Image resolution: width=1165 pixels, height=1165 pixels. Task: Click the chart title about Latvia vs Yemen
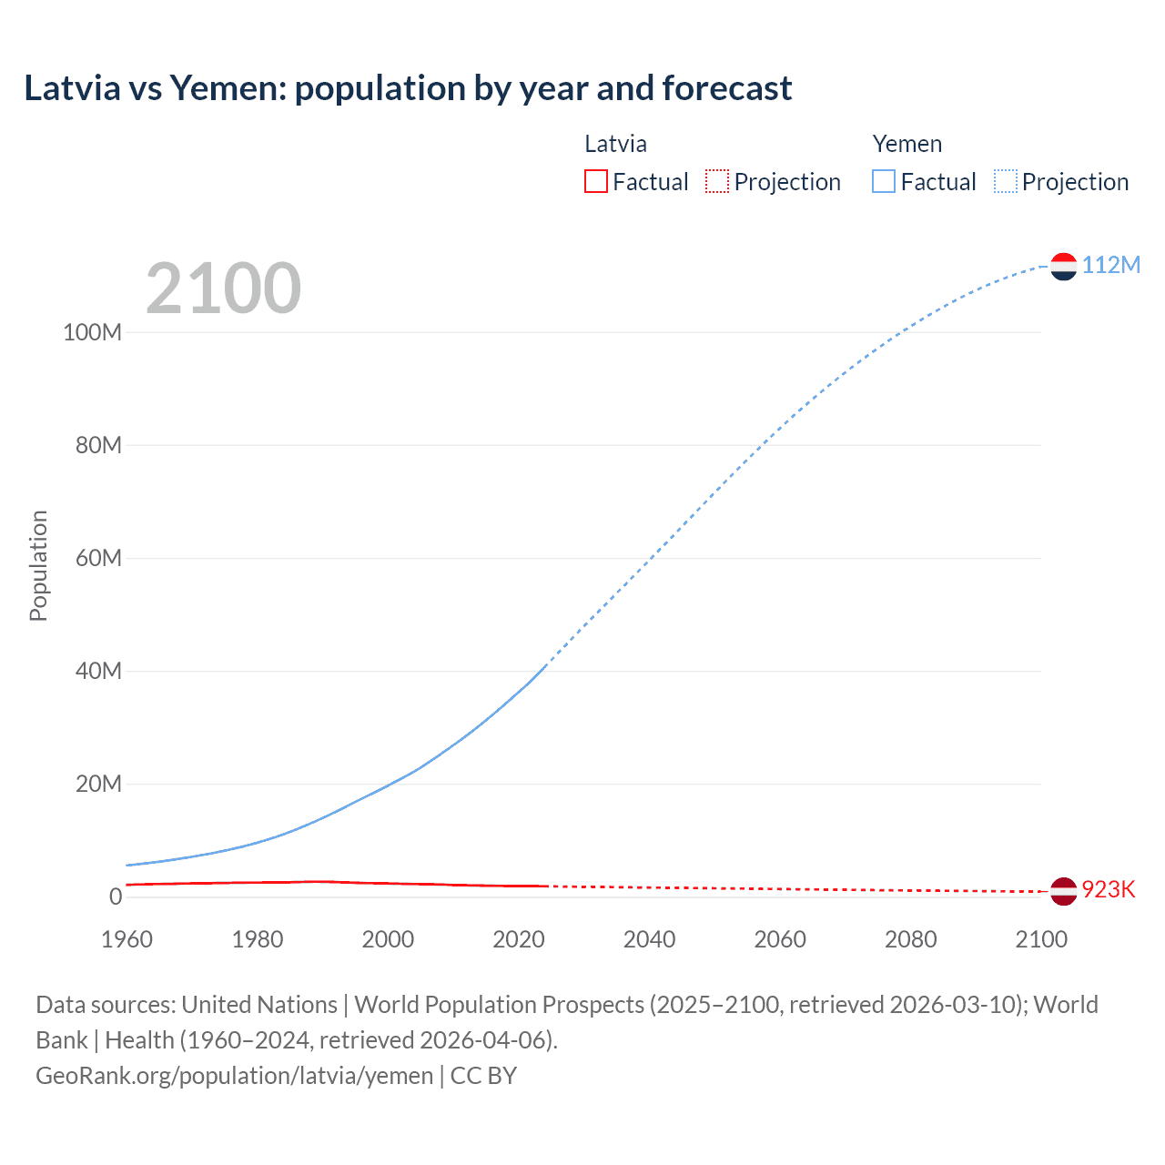408,88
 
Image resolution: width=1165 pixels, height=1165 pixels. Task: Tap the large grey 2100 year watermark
223,289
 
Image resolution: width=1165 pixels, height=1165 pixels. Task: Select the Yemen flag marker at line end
1063,266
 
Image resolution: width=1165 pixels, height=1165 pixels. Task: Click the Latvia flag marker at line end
1063,891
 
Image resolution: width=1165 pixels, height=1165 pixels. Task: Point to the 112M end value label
1110,265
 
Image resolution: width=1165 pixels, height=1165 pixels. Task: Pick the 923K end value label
1108,889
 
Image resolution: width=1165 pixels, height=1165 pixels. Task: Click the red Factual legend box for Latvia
596,181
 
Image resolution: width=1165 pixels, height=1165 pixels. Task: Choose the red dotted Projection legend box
717,181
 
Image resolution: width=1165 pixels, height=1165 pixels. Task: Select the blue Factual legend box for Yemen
884,181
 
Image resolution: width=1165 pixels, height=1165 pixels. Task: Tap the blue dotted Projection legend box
1006,181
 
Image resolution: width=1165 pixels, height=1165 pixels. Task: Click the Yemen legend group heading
907,144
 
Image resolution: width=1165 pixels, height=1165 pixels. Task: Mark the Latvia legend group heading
615,144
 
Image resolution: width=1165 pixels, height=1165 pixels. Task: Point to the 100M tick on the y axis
92,332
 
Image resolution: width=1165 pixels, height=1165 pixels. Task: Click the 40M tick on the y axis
98,672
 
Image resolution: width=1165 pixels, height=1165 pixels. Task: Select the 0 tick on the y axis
116,897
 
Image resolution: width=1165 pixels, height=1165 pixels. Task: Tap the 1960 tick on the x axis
127,939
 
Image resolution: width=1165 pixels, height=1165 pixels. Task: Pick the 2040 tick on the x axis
649,939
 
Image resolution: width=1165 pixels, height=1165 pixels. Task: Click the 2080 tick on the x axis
910,939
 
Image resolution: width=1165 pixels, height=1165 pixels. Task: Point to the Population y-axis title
38,565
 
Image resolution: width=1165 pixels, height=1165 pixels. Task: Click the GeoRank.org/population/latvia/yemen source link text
235,1076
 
